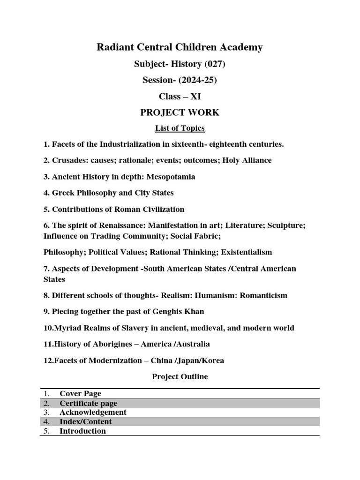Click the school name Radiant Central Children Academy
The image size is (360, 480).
(x=180, y=47)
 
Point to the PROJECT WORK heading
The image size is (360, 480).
(x=180, y=112)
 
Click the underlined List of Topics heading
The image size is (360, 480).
(x=180, y=128)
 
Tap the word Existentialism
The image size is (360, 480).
(x=244, y=252)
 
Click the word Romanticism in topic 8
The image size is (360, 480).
(x=263, y=295)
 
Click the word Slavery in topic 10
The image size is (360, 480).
(x=127, y=328)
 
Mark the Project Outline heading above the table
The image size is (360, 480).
(x=180, y=376)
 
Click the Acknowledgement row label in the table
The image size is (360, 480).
(x=93, y=412)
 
